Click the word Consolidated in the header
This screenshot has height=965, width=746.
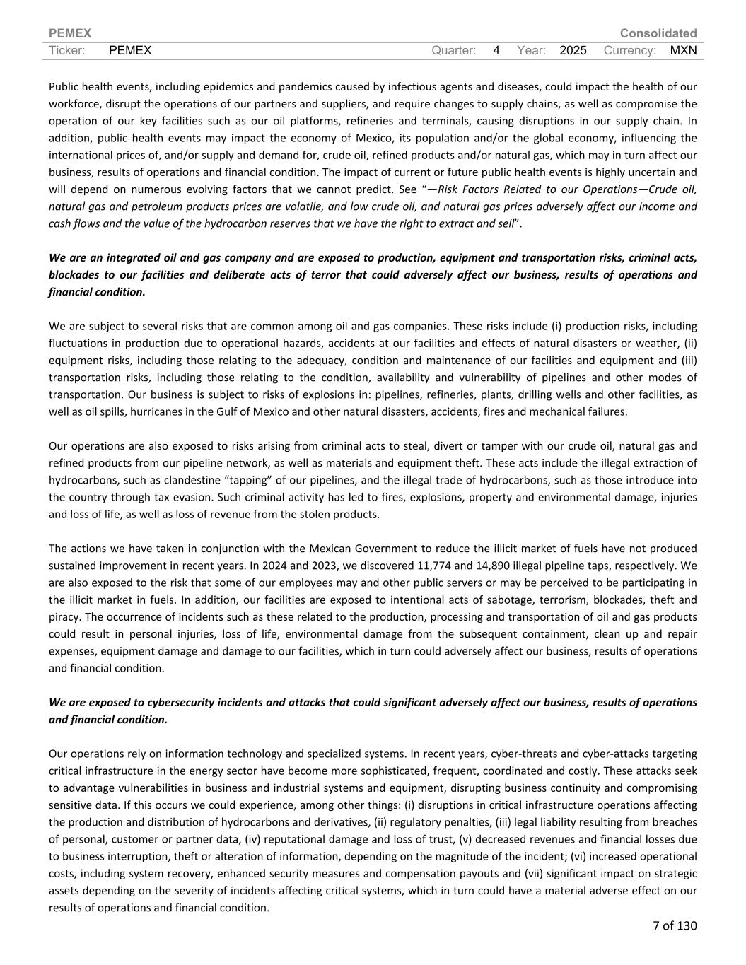(x=658, y=33)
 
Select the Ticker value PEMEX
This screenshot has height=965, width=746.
(x=131, y=50)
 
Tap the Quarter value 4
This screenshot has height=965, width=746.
(x=496, y=50)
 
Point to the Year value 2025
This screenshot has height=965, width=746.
(x=573, y=50)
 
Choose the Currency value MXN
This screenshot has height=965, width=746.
(x=683, y=50)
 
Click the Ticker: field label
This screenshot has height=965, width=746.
(x=67, y=50)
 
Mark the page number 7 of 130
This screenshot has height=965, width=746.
(x=675, y=925)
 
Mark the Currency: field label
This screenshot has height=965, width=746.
(x=630, y=50)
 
